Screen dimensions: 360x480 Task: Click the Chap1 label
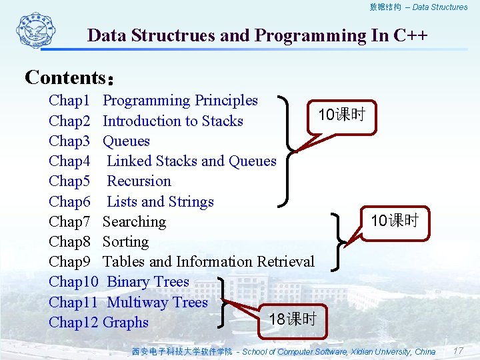(69, 101)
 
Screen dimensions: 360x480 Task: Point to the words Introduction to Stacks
(173, 121)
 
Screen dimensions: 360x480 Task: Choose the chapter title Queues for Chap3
(126, 141)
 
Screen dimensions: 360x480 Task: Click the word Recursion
(139, 181)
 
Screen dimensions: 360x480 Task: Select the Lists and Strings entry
(160, 202)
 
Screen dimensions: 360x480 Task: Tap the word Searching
(134, 222)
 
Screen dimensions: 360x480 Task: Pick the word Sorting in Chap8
(125, 242)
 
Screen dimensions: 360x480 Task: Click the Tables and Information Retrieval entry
(208, 262)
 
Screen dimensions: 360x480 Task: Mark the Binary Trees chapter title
(148, 282)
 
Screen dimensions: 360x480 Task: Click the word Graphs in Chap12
(125, 323)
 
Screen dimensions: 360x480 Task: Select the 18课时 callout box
(292, 319)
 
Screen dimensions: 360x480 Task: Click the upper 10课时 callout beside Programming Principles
(341, 115)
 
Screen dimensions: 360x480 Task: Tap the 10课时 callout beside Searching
(394, 221)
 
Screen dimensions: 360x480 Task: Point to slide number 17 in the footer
(457, 351)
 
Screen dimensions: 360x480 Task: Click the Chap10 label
(73, 282)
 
